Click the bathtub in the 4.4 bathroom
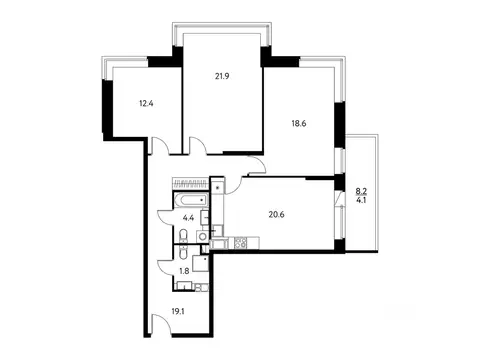pos(190,201)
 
